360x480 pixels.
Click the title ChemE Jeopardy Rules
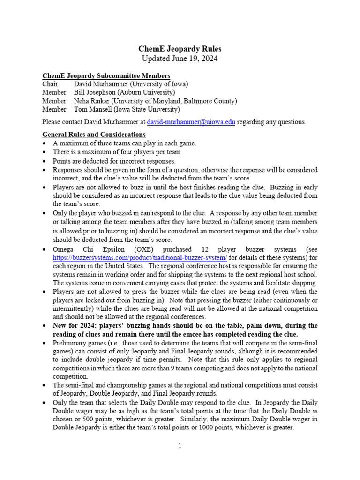(x=180, y=49)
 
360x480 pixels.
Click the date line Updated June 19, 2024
(x=180, y=59)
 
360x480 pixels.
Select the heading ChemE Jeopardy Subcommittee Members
(x=106, y=76)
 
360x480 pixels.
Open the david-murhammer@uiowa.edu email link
(x=191, y=122)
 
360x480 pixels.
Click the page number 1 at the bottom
(x=180, y=446)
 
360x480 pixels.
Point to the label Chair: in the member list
(x=51, y=84)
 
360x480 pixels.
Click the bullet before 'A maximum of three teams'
(x=45, y=143)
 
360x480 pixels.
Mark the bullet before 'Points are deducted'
(x=45, y=161)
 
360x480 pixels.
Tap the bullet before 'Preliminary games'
(x=45, y=343)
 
